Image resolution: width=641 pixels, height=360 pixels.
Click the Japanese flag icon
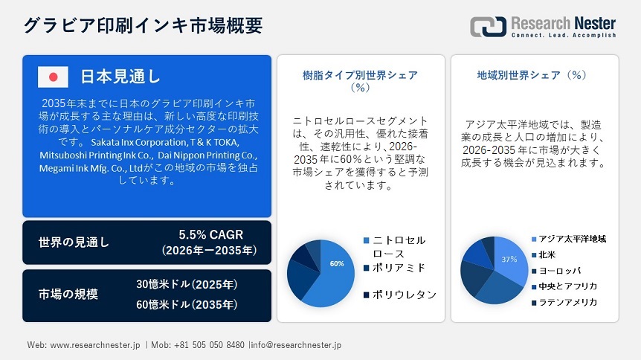pos(53,77)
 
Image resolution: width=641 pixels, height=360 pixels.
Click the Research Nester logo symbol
pos(488,26)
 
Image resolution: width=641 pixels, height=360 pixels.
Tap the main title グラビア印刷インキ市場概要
pos(143,25)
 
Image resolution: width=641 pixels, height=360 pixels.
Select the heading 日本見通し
pos(120,77)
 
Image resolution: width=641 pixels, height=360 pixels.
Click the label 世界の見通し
pos(74,242)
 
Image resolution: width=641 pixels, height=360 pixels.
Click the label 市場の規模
pos(68,294)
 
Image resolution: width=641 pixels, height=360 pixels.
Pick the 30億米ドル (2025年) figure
pos(187,284)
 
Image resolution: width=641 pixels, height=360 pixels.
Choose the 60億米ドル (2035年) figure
pos(187,303)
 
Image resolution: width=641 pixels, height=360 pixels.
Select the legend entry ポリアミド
pos(399,267)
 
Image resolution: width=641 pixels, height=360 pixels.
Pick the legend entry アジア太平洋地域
pos(573,239)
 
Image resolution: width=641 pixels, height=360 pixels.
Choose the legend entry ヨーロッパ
pos(560,271)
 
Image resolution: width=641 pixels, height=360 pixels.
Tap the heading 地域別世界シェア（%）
pos(532,75)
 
